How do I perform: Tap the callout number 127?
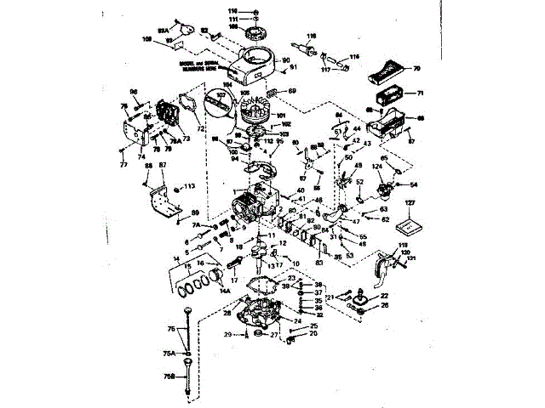410,203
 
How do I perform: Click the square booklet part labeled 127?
410,224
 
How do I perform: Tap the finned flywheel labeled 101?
257,111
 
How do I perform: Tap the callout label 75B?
170,375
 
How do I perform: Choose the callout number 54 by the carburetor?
414,184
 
